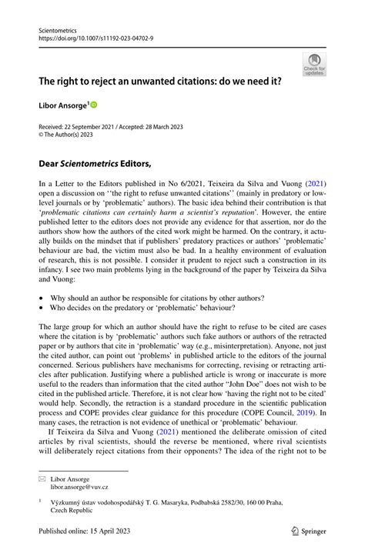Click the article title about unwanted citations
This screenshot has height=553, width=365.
click(x=154, y=80)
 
